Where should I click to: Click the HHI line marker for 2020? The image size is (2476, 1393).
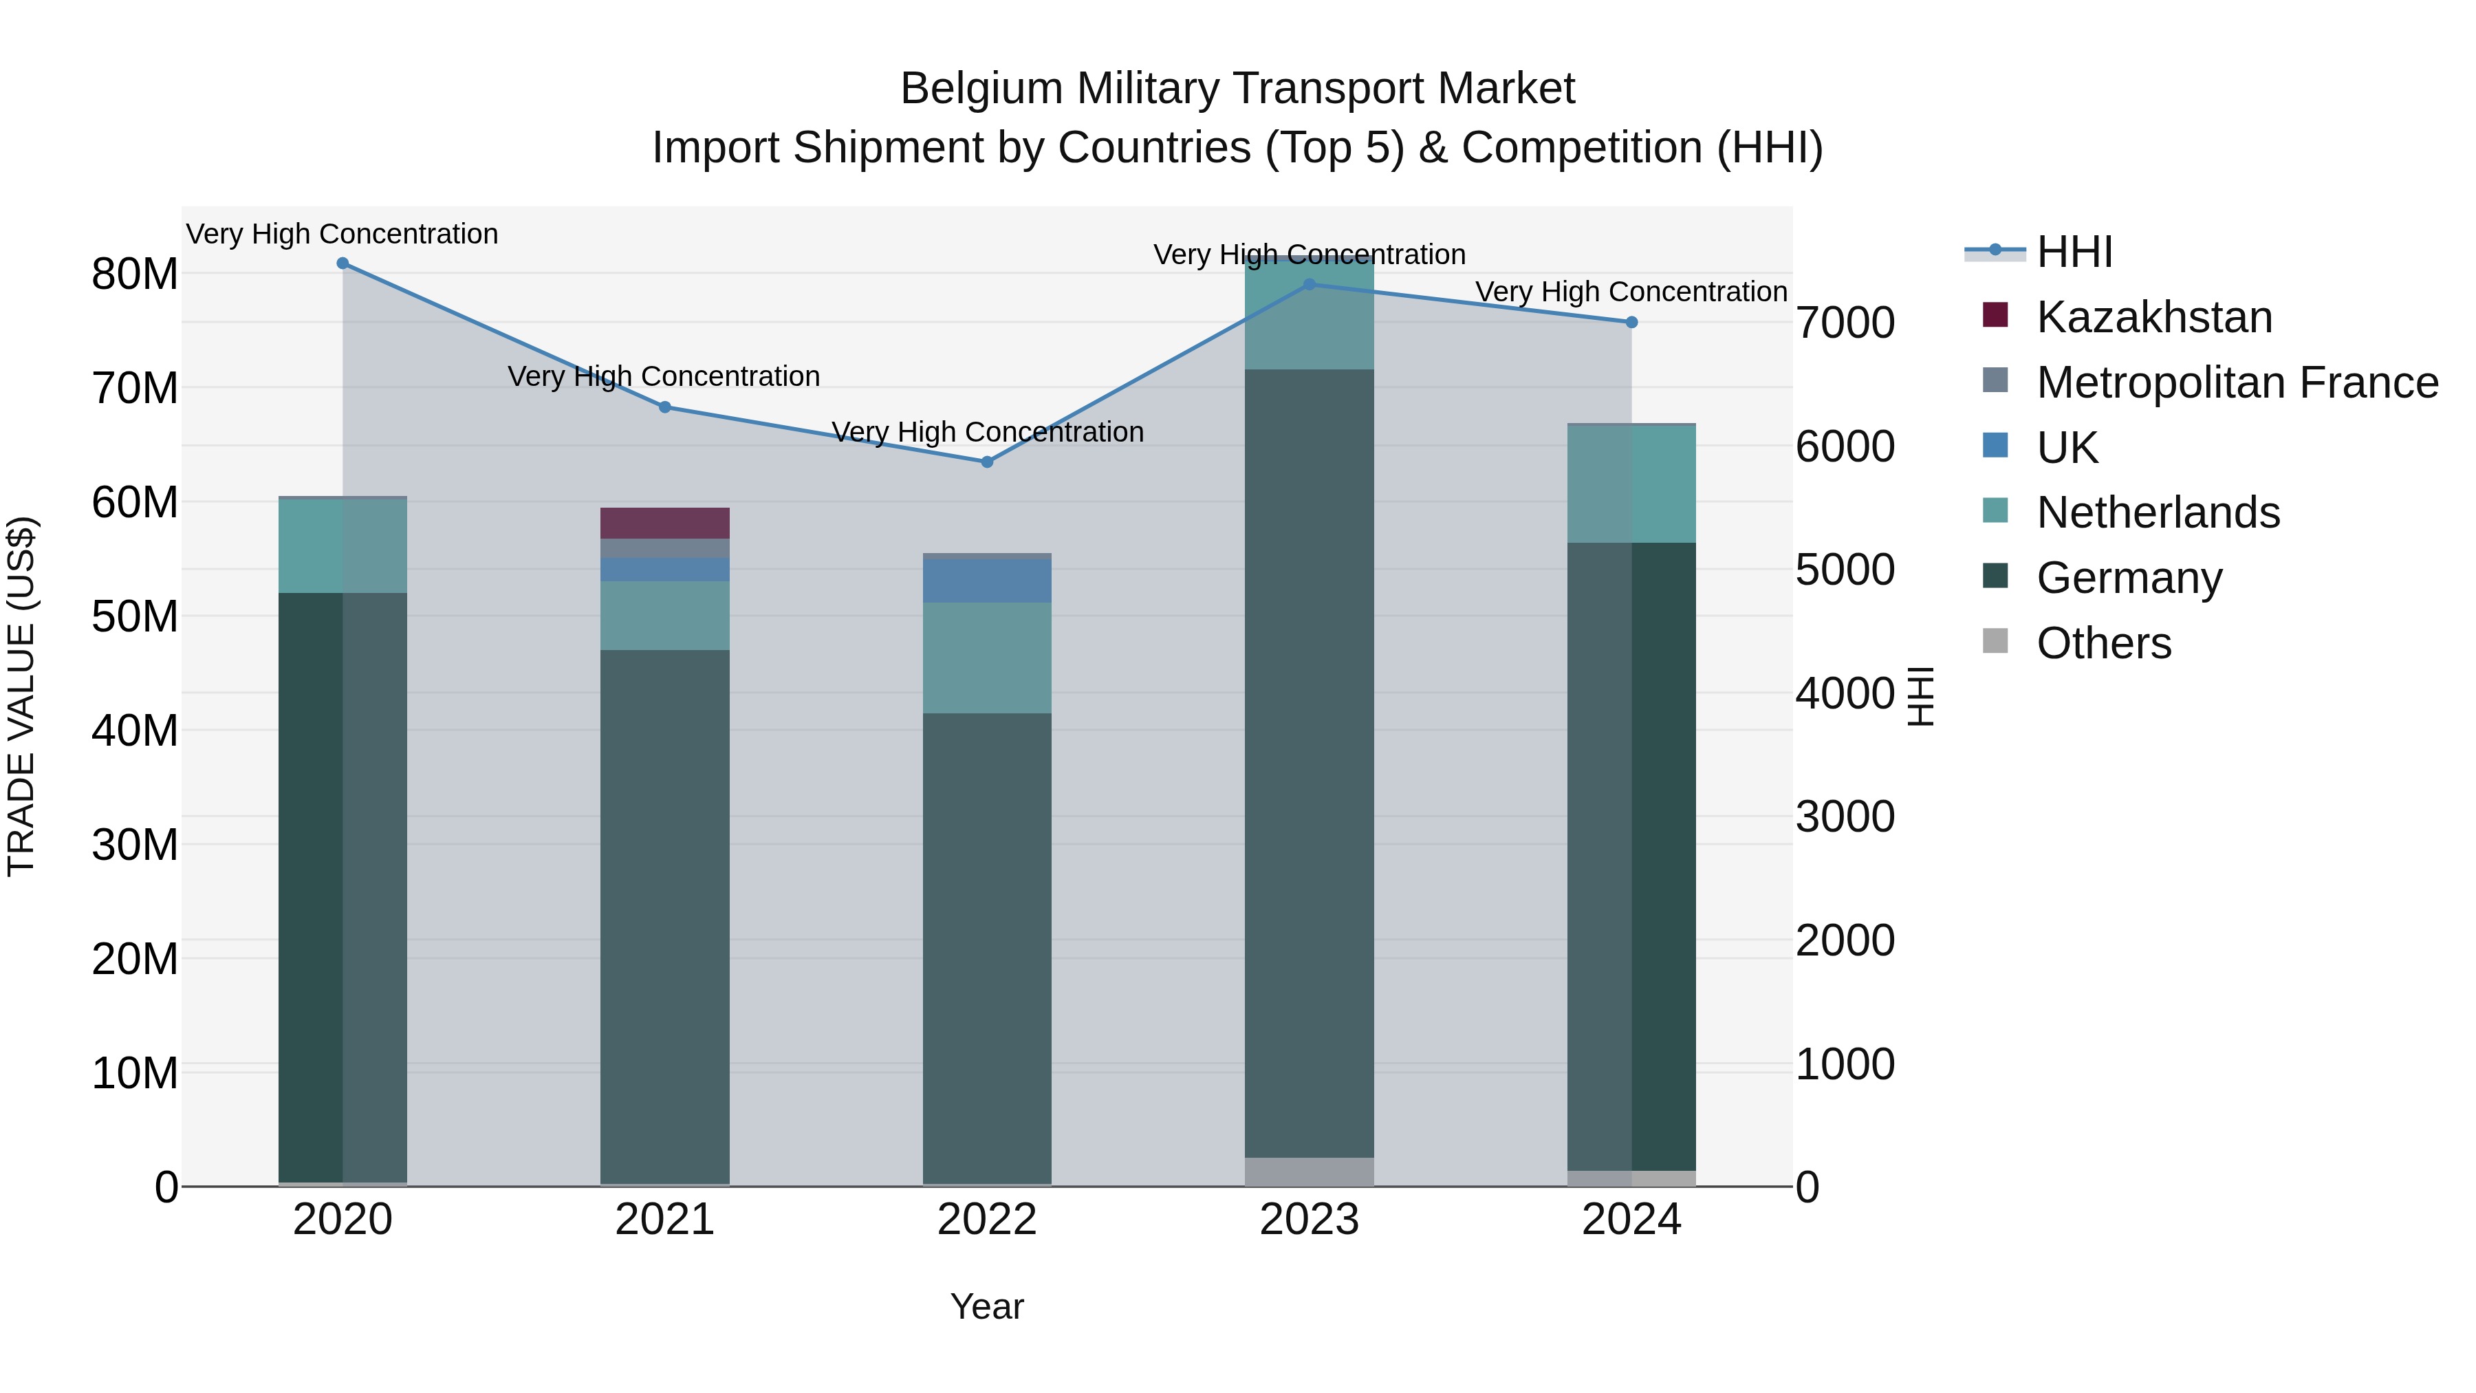point(343,263)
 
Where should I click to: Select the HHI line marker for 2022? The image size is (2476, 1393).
point(986,462)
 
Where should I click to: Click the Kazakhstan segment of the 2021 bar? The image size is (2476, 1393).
point(664,523)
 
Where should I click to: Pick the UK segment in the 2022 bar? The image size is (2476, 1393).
point(986,581)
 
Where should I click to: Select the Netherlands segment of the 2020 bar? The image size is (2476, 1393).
point(343,545)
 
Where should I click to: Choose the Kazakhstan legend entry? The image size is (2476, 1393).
point(2153,317)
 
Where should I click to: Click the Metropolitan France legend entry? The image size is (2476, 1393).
point(2237,382)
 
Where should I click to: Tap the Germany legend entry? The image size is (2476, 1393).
point(2129,578)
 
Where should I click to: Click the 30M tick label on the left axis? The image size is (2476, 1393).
point(135,845)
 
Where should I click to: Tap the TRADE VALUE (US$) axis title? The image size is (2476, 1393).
point(21,696)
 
